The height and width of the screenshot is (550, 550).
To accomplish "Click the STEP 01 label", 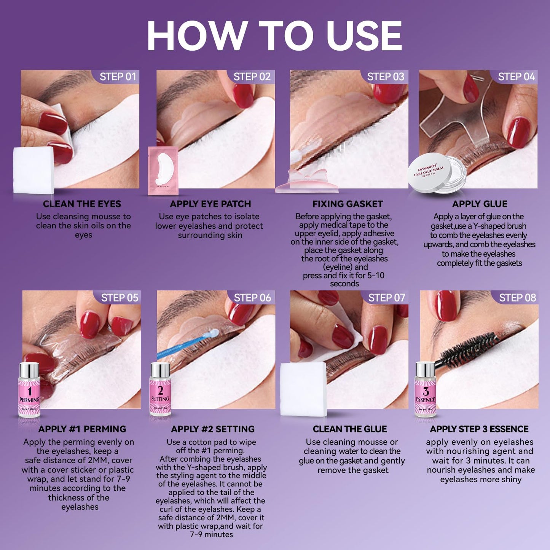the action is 118,77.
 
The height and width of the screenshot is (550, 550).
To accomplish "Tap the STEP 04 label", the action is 517,77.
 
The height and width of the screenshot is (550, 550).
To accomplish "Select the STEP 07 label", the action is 386,298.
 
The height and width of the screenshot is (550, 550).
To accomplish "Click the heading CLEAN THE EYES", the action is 82,204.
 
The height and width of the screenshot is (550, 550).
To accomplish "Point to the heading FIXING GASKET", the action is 348,204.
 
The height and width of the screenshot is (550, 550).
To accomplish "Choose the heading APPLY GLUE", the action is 480,204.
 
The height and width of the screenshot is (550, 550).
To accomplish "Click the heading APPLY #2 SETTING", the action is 213,429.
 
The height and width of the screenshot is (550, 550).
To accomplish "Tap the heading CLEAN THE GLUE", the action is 350,429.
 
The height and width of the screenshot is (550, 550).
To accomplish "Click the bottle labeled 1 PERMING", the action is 29,390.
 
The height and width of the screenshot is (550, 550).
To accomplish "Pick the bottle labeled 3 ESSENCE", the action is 425,390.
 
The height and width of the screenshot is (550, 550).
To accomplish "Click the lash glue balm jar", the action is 437,173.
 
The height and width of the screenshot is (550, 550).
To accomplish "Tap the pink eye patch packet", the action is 163,171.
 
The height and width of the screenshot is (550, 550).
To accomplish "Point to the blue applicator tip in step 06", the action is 213,333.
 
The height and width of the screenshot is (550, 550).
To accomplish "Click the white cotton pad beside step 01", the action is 33,170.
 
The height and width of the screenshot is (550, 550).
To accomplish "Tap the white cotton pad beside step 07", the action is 303,389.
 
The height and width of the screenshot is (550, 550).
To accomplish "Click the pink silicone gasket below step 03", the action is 307,181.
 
